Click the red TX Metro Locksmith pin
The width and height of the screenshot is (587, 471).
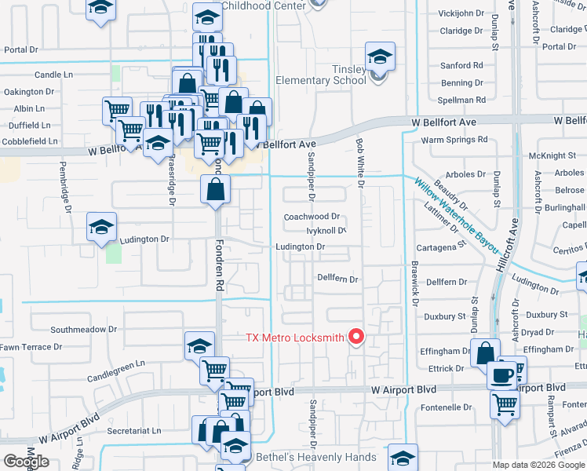pyautogui.click(x=356, y=337)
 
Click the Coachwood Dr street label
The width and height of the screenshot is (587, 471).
pyautogui.click(x=312, y=217)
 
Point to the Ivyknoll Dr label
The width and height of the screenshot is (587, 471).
pyautogui.click(x=326, y=232)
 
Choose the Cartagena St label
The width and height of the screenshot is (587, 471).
pyautogui.click(x=439, y=246)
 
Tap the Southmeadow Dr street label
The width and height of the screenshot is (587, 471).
pyautogui.click(x=83, y=330)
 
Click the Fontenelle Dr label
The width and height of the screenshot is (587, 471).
pyautogui.click(x=446, y=407)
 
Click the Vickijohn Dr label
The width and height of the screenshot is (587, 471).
pyautogui.click(x=461, y=13)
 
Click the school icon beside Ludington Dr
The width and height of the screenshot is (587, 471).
pyautogui.click(x=102, y=228)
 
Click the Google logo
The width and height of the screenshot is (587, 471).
pyautogui.click(x=26, y=461)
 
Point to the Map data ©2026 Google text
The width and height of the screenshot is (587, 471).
pyautogui.click(x=538, y=465)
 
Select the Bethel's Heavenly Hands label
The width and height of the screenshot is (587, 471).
pyautogui.click(x=315, y=457)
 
